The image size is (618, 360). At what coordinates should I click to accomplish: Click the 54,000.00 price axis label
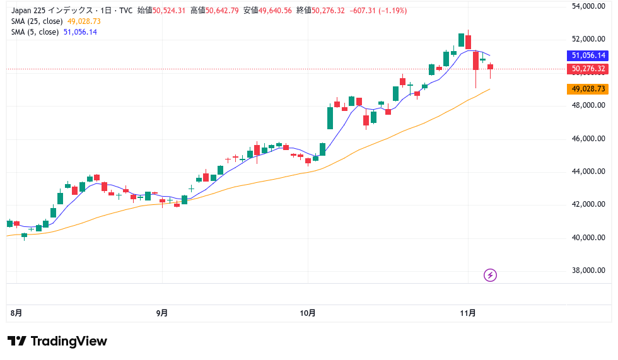588,6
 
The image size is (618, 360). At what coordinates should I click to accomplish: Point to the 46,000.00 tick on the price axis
588,138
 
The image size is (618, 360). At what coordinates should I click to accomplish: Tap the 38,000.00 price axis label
588,270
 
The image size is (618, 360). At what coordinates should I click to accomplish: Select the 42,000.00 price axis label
588,204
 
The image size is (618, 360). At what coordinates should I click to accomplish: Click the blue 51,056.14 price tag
589,55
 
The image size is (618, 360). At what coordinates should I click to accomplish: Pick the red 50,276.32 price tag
589,69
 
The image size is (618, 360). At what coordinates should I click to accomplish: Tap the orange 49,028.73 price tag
589,89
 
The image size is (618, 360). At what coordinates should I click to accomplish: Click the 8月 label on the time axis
16,313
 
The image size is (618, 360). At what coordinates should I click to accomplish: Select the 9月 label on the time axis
162,313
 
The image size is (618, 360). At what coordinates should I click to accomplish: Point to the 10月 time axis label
308,313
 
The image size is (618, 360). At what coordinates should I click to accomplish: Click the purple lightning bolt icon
491,275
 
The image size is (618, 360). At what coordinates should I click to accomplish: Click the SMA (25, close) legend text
37,21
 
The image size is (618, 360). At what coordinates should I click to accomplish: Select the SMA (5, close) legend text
35,32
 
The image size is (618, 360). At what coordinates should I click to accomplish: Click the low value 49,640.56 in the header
270,11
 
